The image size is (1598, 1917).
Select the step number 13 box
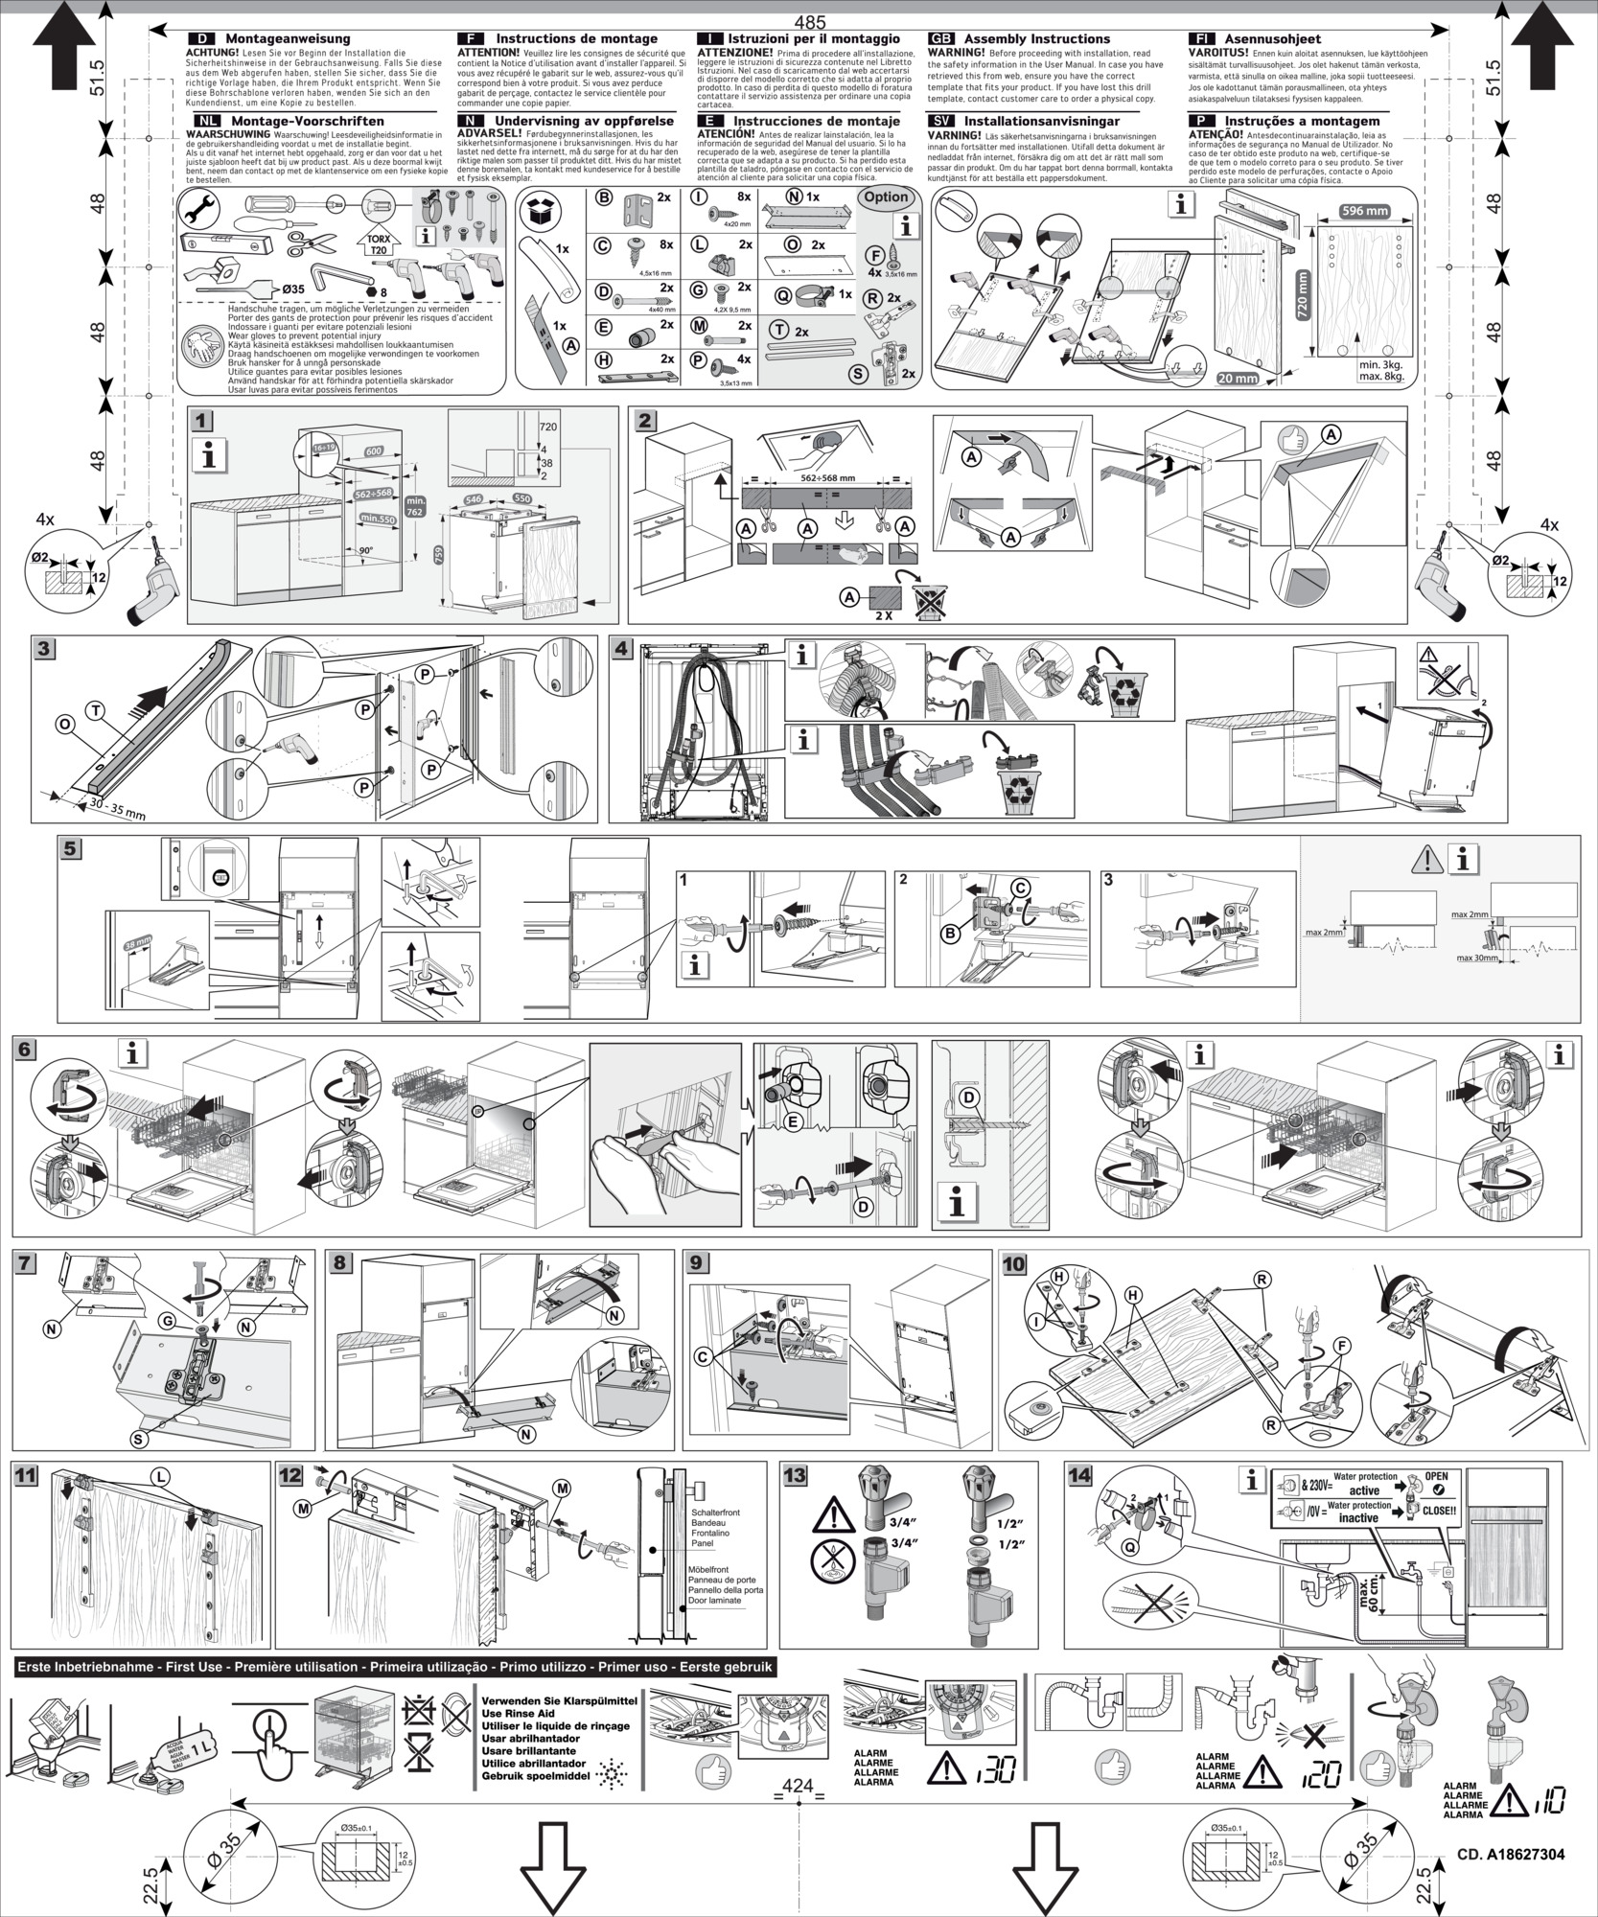click(x=795, y=1475)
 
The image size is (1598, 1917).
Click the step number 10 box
click(x=1013, y=1264)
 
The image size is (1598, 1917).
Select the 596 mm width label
click(x=1364, y=211)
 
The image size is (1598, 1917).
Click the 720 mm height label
click(x=1302, y=296)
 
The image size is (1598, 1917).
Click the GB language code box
click(x=942, y=38)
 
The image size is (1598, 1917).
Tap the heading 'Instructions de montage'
click(x=575, y=38)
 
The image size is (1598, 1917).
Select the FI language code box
click(x=1200, y=38)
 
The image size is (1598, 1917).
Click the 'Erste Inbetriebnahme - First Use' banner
click(x=394, y=1667)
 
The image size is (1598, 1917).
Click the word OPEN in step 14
click(x=1436, y=1477)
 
